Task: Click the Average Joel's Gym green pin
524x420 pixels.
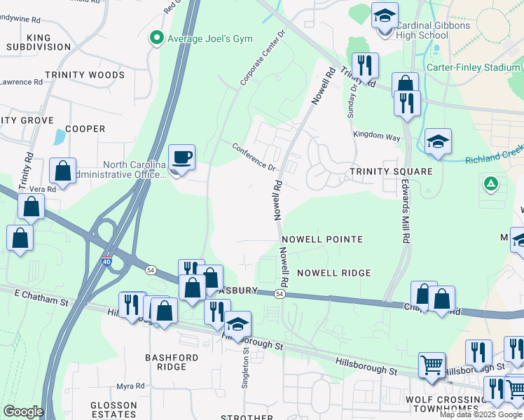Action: (x=157, y=38)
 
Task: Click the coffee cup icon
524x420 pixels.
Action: (x=182, y=157)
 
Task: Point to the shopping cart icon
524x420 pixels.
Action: (x=432, y=365)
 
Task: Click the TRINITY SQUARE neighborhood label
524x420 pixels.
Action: (x=391, y=171)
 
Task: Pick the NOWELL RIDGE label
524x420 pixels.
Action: (x=333, y=272)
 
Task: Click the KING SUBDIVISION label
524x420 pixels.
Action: (x=39, y=41)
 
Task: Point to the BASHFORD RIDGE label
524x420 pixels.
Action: (x=172, y=362)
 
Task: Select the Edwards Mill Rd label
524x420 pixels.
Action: (x=406, y=210)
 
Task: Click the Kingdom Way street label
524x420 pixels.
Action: (x=377, y=136)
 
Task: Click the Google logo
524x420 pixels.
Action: (x=23, y=411)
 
